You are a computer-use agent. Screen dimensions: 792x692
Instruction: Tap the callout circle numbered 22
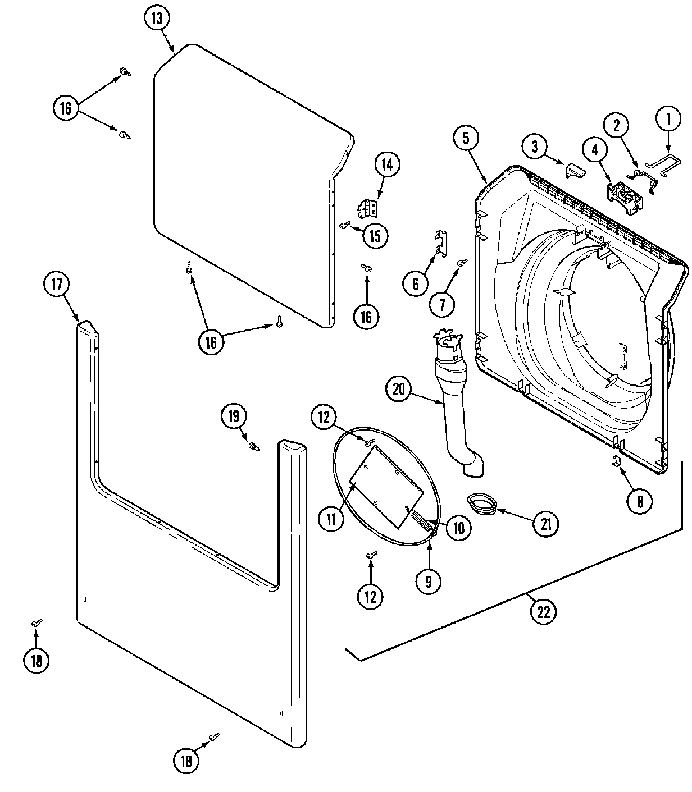(543, 611)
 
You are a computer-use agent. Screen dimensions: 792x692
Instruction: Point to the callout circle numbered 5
(467, 138)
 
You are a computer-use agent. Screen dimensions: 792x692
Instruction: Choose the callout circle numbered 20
(399, 390)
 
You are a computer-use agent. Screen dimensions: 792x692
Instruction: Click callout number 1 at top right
(668, 119)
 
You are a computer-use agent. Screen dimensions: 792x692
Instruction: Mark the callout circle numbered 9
(429, 582)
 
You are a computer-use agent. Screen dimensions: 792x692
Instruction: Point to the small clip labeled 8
(616, 461)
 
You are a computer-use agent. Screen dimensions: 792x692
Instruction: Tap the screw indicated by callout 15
(344, 226)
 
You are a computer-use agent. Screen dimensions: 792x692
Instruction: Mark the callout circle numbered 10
(459, 528)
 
